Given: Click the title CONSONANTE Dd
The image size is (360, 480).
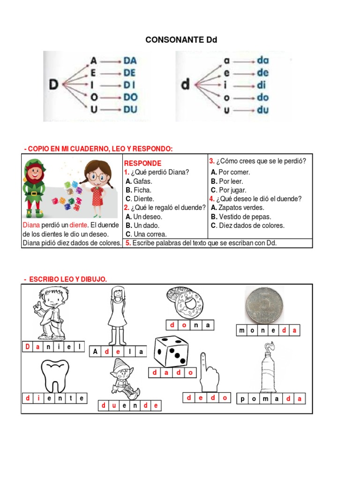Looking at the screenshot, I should point(181,40).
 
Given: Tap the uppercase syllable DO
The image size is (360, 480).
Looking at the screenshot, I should point(130,97).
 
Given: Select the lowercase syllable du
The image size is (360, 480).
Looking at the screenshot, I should point(262,110).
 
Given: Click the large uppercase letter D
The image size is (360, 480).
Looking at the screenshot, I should point(53,85).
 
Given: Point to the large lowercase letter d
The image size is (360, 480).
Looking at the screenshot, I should point(186,85).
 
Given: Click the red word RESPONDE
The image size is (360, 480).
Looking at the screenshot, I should point(142,163).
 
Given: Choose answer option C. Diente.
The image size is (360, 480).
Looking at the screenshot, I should point(137,199).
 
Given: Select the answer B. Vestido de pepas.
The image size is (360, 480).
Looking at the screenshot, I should point(247,217).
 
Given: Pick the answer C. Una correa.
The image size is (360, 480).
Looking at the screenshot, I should point(146,234).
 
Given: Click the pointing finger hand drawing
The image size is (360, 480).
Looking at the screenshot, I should point(208,373).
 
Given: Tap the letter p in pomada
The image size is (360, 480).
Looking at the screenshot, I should point(243,399).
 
